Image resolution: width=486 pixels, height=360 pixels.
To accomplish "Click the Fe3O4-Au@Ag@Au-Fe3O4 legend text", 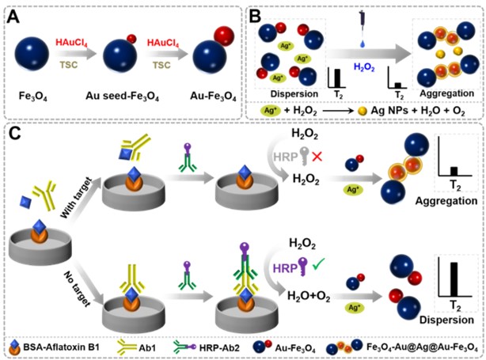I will click(x=423, y=344).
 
